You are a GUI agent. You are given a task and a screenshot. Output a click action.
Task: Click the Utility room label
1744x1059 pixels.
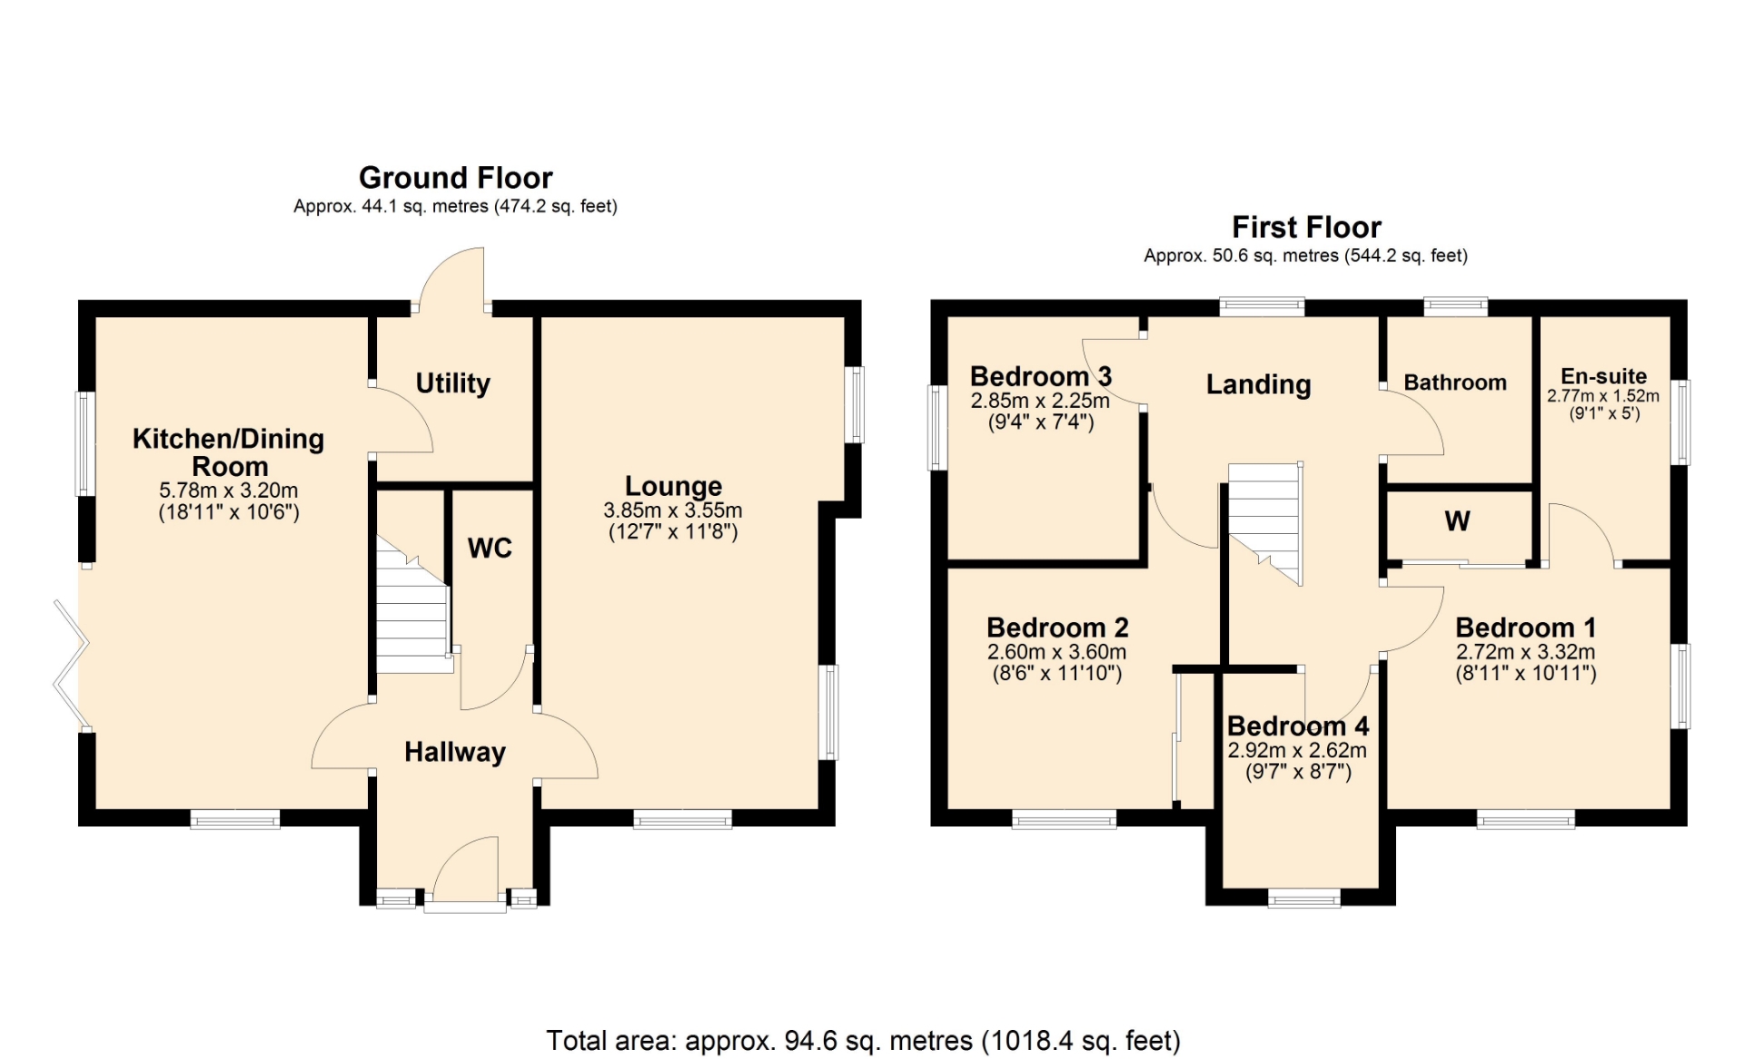(452, 383)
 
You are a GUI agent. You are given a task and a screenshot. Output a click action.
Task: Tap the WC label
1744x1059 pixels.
(490, 548)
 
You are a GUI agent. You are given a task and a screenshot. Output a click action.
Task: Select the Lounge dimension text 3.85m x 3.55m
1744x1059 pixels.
(673, 510)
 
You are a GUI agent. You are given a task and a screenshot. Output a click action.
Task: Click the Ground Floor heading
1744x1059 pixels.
(456, 177)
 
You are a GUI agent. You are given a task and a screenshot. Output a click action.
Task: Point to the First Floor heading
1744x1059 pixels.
(1306, 226)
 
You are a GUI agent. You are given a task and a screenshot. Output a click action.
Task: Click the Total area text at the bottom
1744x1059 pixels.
(863, 1040)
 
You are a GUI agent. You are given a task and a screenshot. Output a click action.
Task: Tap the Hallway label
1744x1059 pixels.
(455, 752)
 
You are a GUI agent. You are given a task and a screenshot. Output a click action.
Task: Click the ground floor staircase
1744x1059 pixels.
(413, 605)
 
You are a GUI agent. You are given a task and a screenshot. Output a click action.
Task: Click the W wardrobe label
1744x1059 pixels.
(1457, 521)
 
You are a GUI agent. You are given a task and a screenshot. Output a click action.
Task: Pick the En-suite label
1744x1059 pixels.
(1604, 376)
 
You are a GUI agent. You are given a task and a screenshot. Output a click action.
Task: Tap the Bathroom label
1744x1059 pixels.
(1455, 382)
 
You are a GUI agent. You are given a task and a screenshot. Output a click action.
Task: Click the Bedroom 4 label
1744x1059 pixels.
(1298, 726)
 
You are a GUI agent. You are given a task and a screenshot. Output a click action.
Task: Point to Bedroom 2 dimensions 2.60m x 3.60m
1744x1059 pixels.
(1057, 652)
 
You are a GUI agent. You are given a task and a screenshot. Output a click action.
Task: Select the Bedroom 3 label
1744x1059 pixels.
(1041, 376)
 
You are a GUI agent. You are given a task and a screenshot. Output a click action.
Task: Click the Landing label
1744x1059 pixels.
(1258, 385)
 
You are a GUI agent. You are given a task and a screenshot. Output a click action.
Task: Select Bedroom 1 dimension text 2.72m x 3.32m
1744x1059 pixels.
(1526, 652)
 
